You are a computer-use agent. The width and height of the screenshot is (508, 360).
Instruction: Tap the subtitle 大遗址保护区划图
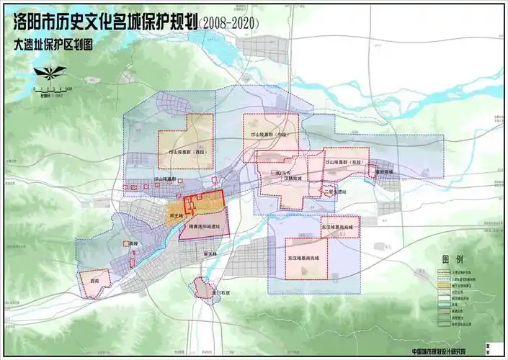53,44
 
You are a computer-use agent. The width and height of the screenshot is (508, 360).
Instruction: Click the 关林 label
210,253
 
